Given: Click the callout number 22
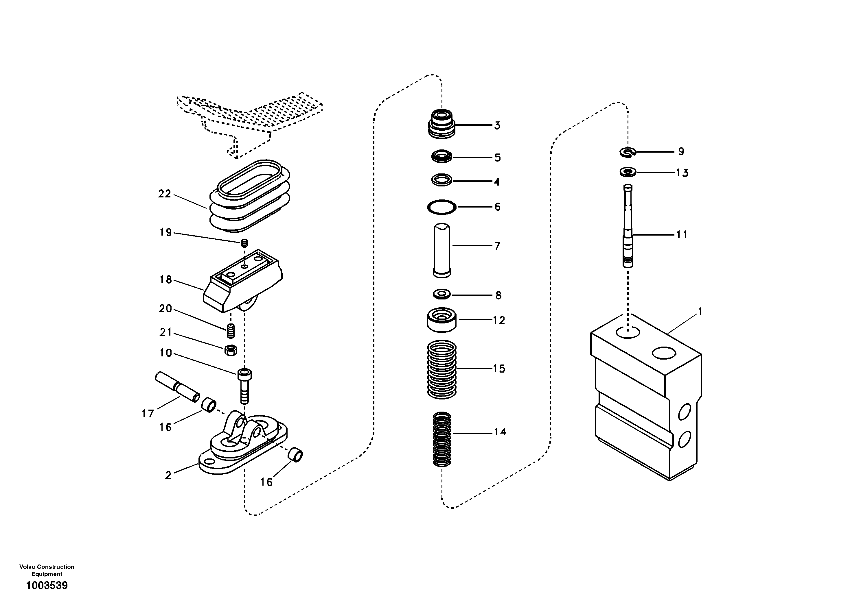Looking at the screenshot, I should (164, 194).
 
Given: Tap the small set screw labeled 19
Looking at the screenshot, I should (244, 243).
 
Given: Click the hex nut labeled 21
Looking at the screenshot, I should (231, 350).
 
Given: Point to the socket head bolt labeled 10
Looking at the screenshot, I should (244, 386).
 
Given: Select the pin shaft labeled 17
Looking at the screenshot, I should (177, 387).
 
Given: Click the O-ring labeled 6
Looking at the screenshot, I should (442, 207).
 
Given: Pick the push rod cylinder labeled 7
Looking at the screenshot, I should (442, 251).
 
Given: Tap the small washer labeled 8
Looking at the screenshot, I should (442, 294).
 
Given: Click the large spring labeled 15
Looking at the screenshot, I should (442, 369).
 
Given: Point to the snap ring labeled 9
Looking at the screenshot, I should (627, 152).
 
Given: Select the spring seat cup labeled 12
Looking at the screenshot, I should (442, 320).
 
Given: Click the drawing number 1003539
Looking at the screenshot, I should (47, 585).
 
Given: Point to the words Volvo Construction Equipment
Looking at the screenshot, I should (47, 570).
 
